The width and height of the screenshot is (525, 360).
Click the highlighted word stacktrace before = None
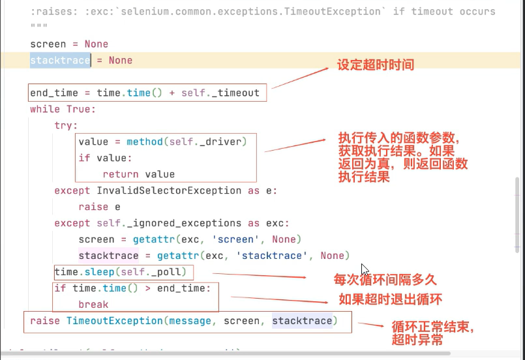tap(60, 60)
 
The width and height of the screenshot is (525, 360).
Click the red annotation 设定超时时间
tap(375, 65)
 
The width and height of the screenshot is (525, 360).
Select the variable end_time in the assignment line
tap(54, 93)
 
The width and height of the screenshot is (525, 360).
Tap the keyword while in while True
tap(44, 109)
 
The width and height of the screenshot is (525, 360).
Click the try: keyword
tap(65, 125)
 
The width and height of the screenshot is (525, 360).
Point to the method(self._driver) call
tap(187, 142)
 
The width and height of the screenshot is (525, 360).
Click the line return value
tap(138, 174)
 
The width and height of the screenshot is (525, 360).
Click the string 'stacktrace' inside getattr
tap(271, 256)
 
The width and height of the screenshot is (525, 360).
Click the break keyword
tap(93, 305)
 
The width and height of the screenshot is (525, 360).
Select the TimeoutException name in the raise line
tap(114, 321)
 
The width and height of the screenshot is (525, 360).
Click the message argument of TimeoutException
tap(192, 321)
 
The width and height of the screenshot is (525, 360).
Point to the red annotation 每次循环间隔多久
tap(385, 280)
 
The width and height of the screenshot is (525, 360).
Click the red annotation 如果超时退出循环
tap(390, 299)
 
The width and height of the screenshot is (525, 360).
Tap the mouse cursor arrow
tap(365, 269)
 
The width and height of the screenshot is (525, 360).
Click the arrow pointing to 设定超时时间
tap(299, 78)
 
